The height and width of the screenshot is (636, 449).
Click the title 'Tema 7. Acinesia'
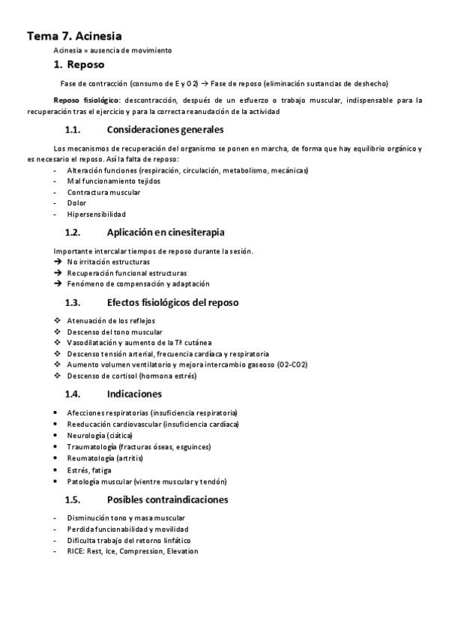pos(74,35)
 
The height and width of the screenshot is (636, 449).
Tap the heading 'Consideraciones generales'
pos(160,129)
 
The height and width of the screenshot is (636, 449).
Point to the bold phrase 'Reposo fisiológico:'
pos(86,100)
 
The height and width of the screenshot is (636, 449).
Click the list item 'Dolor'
pos(76,202)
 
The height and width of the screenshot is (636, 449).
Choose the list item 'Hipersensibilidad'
pos(96,214)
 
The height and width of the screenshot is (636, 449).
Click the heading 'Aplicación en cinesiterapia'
pos(166,232)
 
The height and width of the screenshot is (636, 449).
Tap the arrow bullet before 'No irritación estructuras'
pos(58,262)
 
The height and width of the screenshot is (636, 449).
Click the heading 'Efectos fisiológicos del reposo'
pos(172,302)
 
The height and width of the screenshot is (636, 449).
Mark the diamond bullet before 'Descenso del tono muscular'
pos(58,331)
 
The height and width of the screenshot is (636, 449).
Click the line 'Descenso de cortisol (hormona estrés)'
pos(132,376)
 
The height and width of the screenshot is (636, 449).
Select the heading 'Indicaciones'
pos(134,394)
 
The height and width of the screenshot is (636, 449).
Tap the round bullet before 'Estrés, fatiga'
pos(58,470)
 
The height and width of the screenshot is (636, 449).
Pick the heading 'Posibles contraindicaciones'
pos(168,499)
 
